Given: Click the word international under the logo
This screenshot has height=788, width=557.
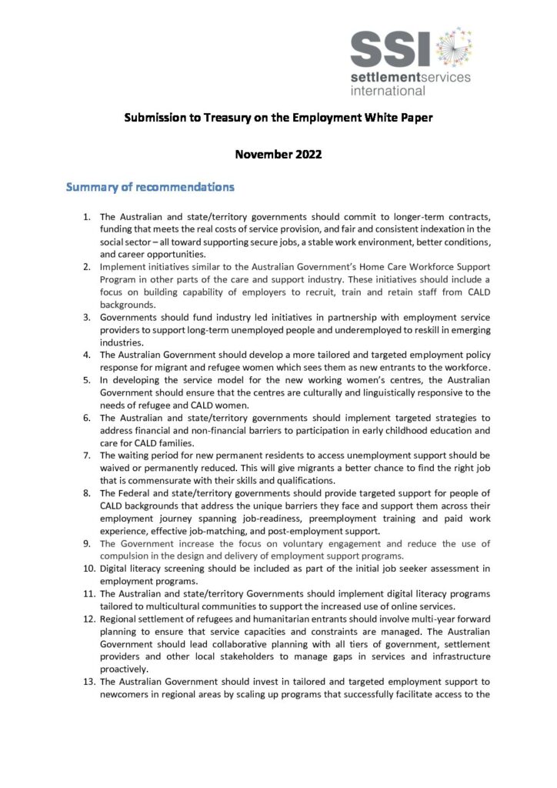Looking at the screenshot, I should point(388,91).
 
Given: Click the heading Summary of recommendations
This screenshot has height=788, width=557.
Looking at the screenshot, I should point(150,187).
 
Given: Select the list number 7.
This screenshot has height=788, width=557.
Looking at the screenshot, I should point(87,456).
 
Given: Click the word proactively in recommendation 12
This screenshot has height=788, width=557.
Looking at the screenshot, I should point(125,669).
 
